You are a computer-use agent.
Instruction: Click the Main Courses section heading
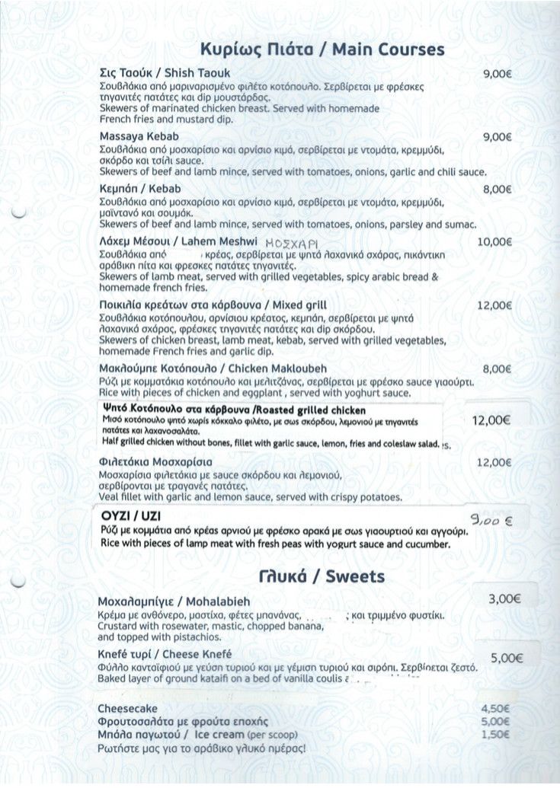point(322,49)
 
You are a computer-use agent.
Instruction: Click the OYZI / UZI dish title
point(129,515)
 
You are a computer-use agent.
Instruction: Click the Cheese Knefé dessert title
point(165,654)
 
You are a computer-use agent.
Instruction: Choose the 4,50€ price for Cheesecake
point(496,708)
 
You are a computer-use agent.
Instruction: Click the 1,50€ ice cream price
point(496,734)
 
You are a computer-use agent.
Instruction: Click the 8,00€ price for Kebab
point(496,189)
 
